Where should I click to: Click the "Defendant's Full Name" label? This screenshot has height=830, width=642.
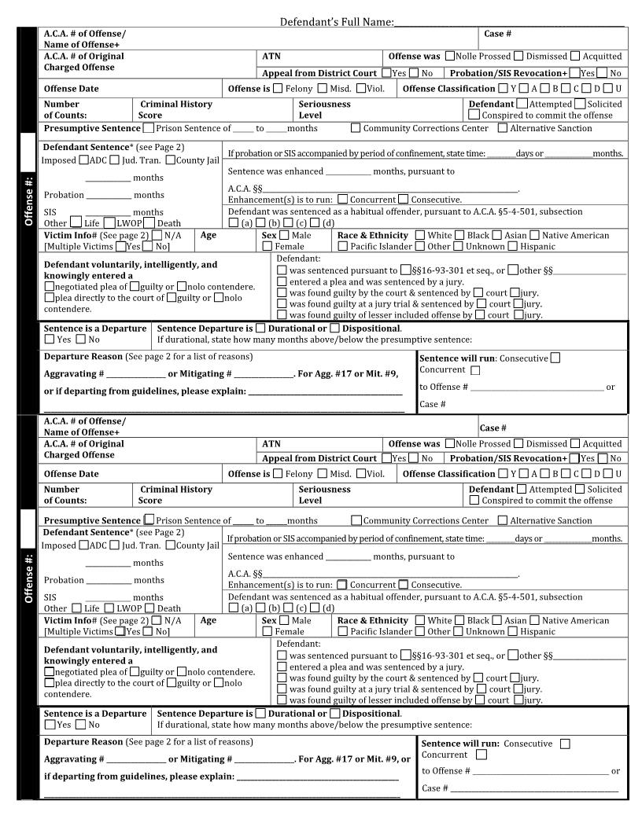pos(337,22)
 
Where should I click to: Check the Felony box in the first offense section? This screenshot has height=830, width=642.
pos(278,89)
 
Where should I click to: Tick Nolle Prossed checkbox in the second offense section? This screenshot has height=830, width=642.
pos(449,443)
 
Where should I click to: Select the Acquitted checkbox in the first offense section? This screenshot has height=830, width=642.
pos(576,56)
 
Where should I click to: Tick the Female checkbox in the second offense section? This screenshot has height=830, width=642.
pos(267,631)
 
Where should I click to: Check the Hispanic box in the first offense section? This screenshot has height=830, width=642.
pos(513,246)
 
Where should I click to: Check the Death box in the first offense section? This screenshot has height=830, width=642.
pos(149,222)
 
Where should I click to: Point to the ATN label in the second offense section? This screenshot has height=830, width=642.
pos(271,444)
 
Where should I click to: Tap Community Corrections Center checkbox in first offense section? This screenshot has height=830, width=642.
pos(356,127)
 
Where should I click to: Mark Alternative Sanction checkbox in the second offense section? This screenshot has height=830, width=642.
pos(503,520)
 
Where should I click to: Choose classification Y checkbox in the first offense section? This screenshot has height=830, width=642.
pos(503,89)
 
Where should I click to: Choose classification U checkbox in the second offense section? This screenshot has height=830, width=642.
pos(608,473)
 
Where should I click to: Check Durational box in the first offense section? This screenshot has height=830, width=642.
pos(261,328)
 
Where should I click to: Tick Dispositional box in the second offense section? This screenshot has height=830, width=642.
pos(335,713)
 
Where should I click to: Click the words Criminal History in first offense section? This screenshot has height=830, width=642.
pos(175,104)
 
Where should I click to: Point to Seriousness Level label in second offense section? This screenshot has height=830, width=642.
pos(324,494)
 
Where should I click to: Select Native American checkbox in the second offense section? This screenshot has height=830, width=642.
pos(535,620)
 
